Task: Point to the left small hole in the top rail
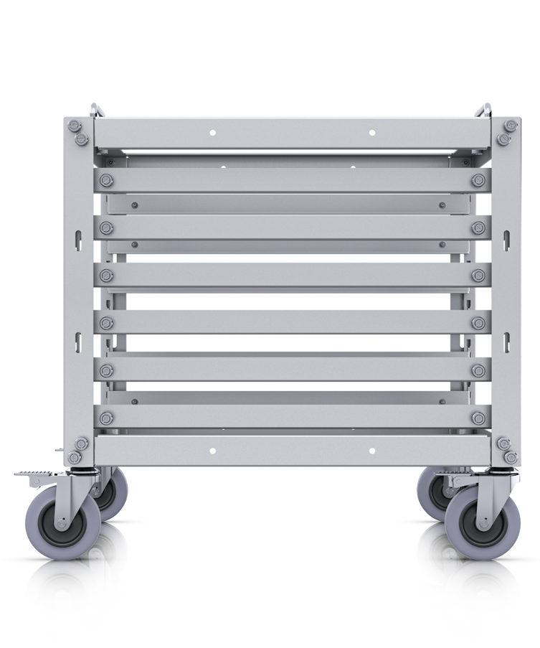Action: tap(212, 132)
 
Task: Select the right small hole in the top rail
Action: tap(371, 132)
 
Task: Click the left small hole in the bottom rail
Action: tap(212, 451)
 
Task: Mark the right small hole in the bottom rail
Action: tap(371, 451)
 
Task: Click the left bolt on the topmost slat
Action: tap(107, 180)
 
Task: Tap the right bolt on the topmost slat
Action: tap(478, 180)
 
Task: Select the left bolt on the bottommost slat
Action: tap(107, 418)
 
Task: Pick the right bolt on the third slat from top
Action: tap(478, 276)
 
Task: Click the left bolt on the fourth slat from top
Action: tap(107, 323)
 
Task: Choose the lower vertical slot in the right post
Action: tap(508, 338)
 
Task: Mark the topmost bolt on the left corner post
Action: tap(75, 126)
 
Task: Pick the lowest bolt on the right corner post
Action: tap(510, 458)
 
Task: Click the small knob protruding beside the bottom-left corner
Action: tap(57, 451)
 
